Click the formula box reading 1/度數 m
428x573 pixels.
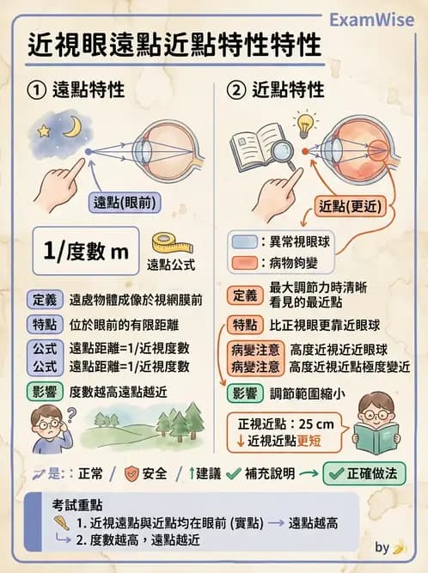[85, 251]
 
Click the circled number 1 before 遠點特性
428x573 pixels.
[36, 89]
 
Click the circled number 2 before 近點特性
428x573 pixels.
[235, 89]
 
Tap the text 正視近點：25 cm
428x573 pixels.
[287, 424]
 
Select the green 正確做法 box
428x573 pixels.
[363, 473]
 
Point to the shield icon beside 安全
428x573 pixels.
[132, 473]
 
